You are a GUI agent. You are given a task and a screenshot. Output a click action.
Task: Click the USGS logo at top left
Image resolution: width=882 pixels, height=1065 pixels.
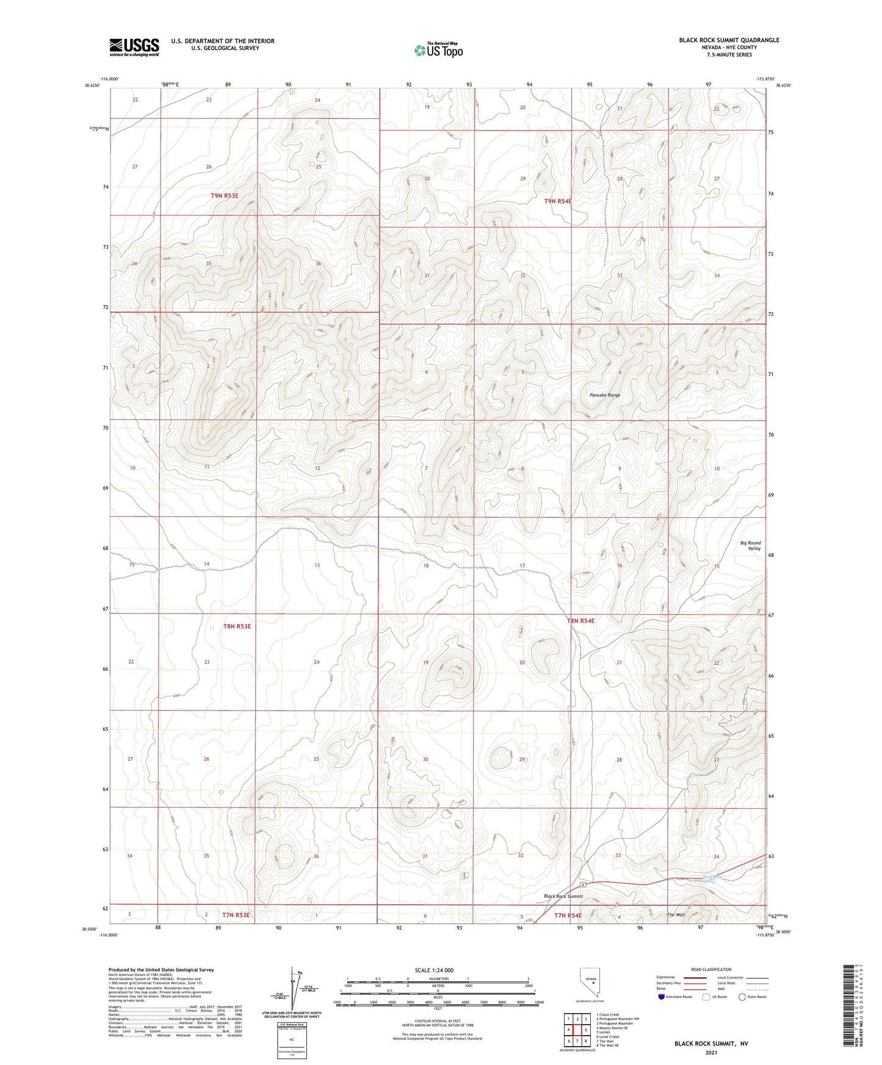(x=134, y=47)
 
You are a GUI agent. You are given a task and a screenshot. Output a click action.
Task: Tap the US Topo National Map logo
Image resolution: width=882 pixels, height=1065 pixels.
(x=438, y=50)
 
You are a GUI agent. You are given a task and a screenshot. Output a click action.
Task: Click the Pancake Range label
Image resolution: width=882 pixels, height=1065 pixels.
(x=604, y=395)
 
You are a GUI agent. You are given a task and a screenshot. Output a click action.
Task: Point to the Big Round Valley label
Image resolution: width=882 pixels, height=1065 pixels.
(x=750, y=545)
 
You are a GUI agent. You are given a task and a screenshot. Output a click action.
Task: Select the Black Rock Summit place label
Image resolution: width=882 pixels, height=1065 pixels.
(x=563, y=896)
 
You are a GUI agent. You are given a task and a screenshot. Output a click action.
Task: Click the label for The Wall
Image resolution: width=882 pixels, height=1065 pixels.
(x=676, y=914)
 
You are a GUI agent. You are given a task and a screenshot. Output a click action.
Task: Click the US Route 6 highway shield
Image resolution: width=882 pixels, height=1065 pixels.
(x=583, y=884)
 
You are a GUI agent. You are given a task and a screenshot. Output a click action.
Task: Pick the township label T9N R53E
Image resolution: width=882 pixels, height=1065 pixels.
(x=224, y=196)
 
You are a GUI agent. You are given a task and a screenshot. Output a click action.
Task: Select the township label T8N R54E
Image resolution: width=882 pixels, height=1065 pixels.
(x=580, y=621)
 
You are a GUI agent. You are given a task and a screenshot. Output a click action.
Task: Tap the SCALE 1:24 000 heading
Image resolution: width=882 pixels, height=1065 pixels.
(x=433, y=970)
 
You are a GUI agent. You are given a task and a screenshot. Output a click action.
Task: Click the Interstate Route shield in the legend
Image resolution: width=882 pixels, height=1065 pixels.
(x=662, y=997)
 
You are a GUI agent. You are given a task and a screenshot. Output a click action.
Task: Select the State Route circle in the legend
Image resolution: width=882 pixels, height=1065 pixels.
(x=742, y=997)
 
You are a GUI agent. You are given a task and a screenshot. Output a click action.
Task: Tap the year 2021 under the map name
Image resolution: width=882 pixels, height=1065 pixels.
(x=710, y=1052)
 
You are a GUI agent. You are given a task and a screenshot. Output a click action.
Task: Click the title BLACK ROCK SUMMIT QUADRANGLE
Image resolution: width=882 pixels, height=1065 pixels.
(x=729, y=40)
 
